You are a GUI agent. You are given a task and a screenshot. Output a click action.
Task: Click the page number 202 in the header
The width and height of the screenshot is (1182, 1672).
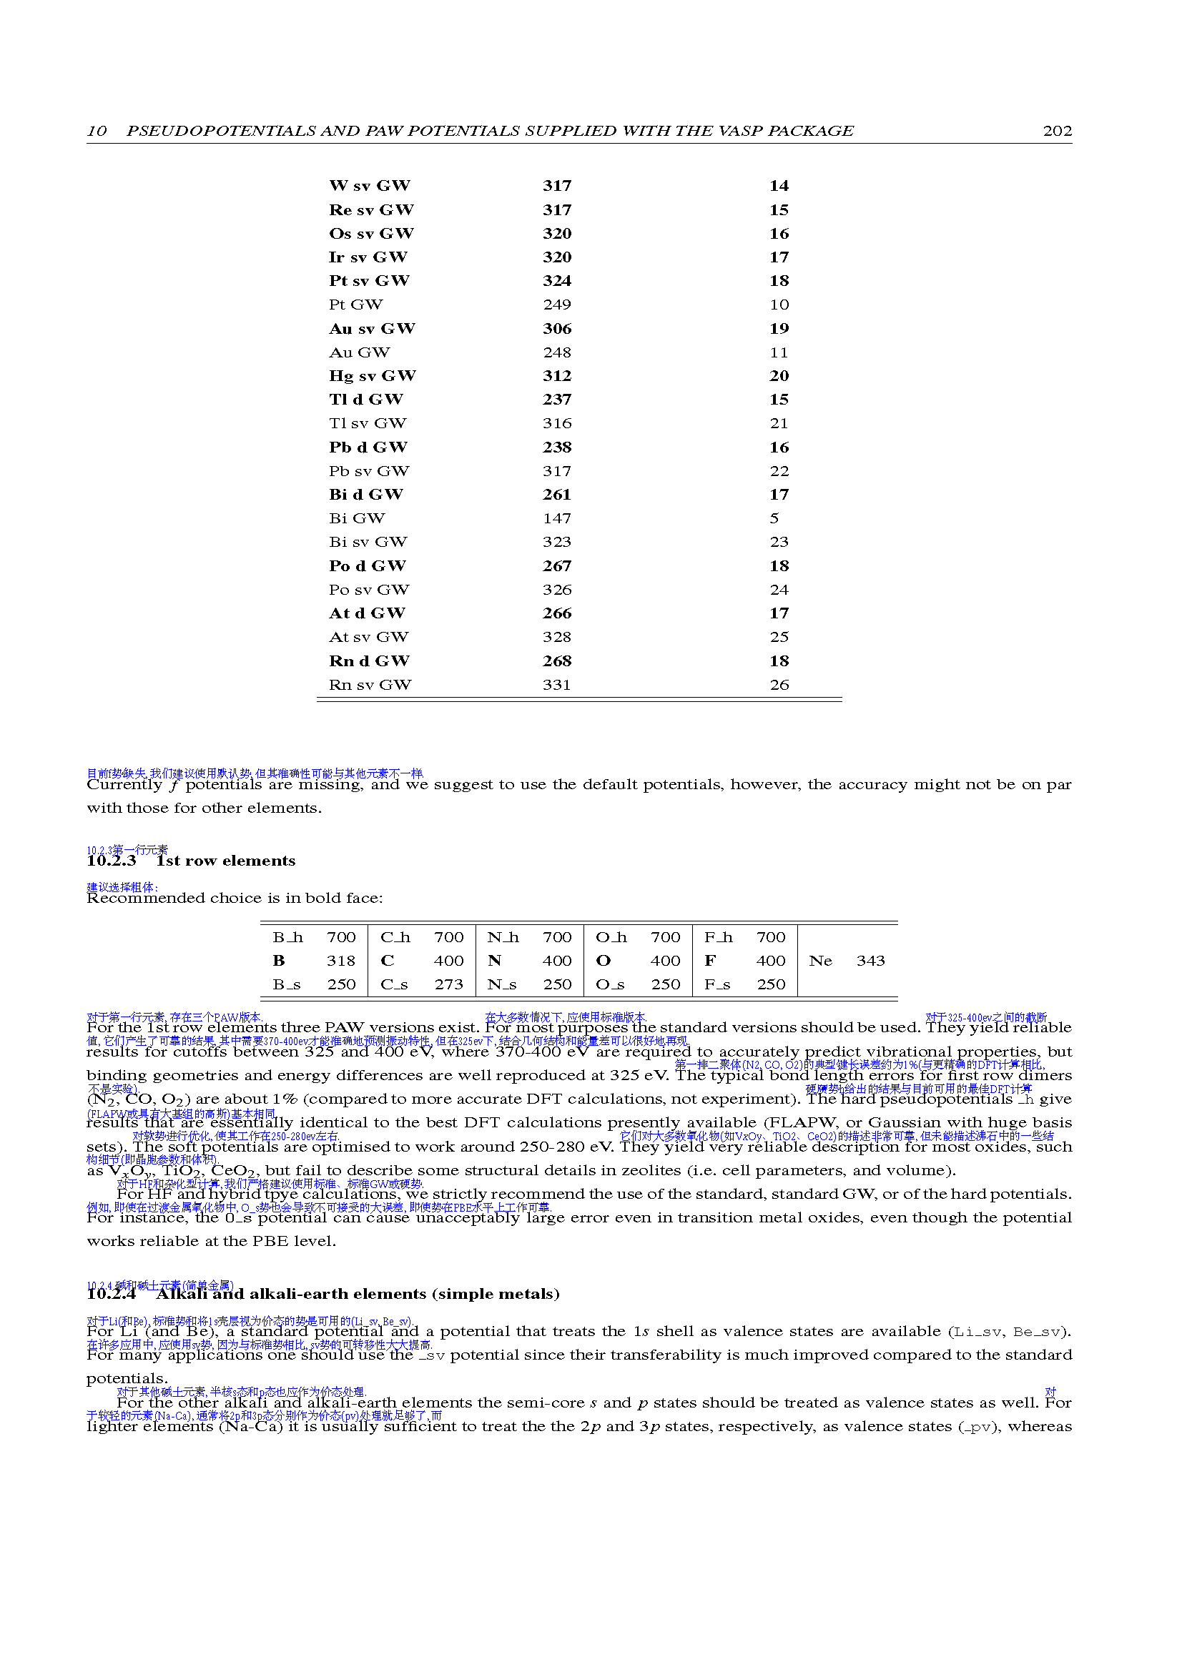(1057, 131)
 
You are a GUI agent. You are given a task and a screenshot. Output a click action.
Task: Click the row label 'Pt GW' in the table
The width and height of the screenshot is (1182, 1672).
(355, 305)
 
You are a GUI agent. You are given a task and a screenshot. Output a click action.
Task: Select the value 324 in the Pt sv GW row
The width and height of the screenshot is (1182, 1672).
(556, 281)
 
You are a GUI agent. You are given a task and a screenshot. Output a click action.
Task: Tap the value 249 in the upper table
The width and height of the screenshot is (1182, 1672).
(556, 305)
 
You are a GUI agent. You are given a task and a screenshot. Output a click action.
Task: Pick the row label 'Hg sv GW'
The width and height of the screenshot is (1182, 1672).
(372, 376)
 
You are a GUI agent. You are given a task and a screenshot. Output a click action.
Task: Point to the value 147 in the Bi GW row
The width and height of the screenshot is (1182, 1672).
(556, 518)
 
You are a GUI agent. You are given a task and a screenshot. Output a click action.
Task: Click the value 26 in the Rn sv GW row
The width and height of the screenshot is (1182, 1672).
(779, 685)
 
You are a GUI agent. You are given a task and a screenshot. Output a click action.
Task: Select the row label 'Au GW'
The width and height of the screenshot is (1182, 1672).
(359, 352)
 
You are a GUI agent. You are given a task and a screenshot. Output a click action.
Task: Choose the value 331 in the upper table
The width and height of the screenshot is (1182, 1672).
(556, 685)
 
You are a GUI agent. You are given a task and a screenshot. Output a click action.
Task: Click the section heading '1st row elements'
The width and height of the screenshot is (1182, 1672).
(226, 861)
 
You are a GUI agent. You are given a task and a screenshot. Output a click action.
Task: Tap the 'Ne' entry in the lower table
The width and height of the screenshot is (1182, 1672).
(820, 961)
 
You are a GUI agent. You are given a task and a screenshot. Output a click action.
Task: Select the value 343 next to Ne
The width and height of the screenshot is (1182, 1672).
(870, 961)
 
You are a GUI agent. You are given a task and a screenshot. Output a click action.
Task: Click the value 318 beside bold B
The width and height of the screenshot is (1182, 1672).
(341, 961)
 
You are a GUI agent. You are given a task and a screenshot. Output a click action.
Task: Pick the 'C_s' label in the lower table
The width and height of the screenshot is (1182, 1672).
(394, 984)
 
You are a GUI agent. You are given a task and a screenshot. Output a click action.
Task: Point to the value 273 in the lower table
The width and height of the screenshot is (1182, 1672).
(448, 984)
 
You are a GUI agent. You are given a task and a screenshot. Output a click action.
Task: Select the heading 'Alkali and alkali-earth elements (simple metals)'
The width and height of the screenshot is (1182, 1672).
(358, 1293)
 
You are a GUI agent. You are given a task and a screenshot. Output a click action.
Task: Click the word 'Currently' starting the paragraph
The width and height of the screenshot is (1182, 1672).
(124, 784)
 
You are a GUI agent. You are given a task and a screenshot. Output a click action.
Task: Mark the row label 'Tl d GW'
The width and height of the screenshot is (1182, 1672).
(365, 400)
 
